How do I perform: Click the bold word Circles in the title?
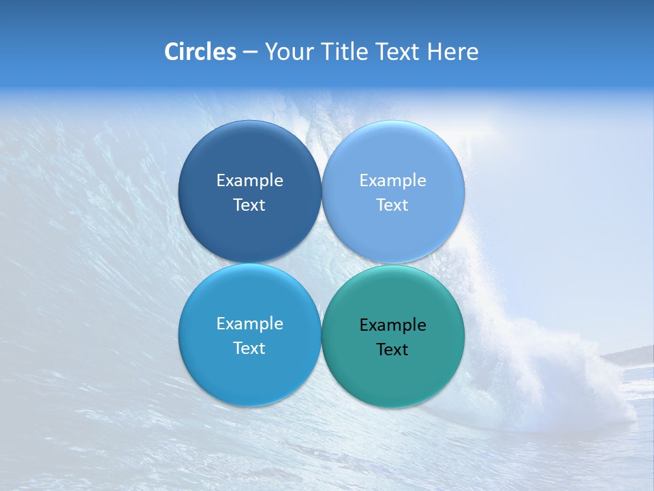click(x=200, y=52)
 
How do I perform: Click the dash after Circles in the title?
click(x=249, y=53)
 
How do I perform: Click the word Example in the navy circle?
click(x=249, y=181)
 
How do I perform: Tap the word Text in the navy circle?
click(x=249, y=205)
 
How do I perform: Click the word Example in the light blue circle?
click(x=392, y=181)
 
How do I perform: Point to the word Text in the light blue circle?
click(x=392, y=205)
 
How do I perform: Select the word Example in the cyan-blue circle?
click(x=249, y=324)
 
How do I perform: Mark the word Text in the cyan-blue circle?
click(x=249, y=348)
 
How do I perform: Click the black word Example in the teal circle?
click(x=392, y=325)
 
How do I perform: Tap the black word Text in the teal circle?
click(x=392, y=350)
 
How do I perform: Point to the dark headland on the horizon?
click(x=630, y=355)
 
